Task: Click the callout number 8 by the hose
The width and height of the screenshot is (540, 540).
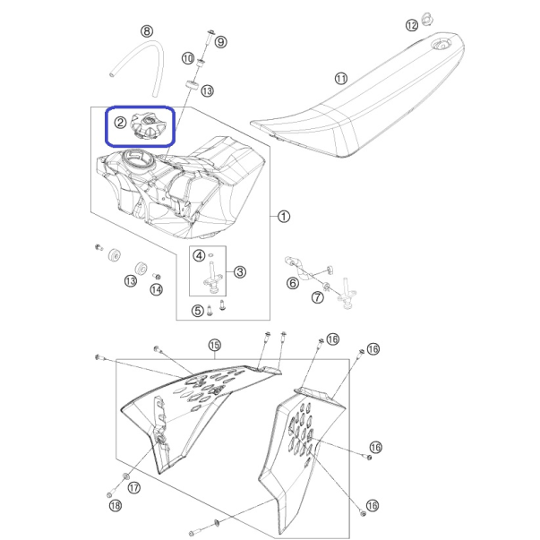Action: point(147,31)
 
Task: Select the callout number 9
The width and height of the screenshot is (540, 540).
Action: point(221,42)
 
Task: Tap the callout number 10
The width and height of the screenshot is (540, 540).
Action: point(188,58)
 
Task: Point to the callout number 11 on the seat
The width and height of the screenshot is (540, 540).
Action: point(341,79)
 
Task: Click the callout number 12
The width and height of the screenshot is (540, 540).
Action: point(412,25)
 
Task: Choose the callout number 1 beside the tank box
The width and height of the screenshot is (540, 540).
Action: point(284,217)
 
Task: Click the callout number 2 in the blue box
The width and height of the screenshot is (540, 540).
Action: point(120,123)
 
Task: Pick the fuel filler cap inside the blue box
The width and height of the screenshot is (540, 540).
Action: point(148,127)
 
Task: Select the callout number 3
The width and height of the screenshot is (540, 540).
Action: point(240,272)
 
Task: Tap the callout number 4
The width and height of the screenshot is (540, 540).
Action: point(199,255)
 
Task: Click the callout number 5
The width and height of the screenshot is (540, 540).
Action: point(198,311)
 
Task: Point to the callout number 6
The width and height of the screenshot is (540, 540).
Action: point(293,283)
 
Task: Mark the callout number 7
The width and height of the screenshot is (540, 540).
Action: point(318,297)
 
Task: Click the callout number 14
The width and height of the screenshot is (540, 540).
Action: point(157,289)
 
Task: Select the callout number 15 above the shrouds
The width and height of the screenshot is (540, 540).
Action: point(215,345)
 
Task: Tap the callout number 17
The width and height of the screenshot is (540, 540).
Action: point(134,488)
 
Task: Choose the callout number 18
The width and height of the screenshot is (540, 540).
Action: point(116,506)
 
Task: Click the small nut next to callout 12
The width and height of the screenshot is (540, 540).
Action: point(427,19)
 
